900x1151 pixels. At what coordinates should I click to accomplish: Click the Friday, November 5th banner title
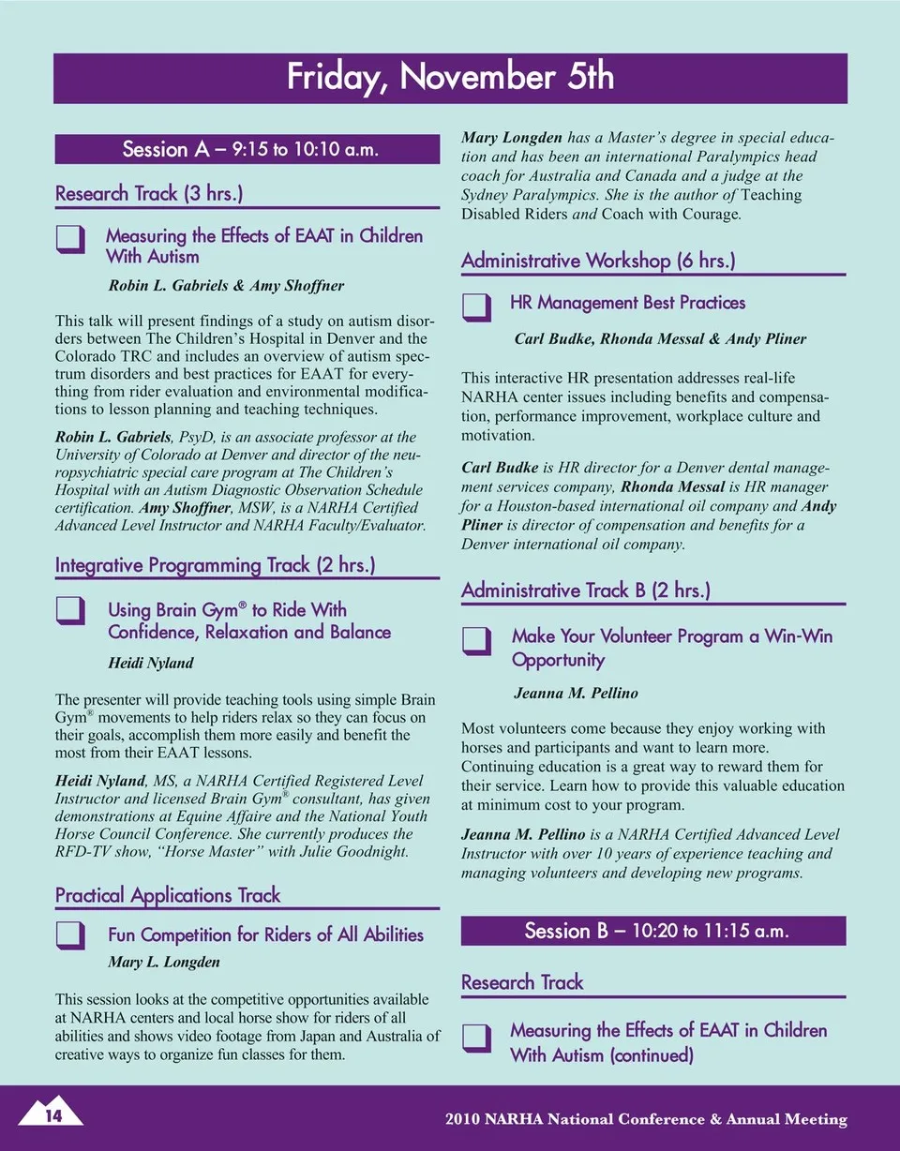pos(450,77)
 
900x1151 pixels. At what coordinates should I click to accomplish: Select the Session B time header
pos(652,931)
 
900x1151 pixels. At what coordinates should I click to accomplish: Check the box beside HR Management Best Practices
pos(477,306)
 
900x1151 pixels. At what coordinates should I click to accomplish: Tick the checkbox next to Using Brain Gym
pos(70,611)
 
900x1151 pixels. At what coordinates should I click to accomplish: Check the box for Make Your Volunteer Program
pos(477,639)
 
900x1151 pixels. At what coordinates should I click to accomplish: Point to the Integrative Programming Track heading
pos(216,565)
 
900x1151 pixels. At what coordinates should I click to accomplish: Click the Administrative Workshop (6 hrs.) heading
pos(597,261)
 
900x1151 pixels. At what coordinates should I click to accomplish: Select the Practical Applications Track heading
pos(168,895)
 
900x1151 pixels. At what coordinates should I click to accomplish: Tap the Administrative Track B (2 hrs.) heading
pos(585,590)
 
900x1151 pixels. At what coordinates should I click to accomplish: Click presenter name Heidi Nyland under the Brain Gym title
pos(151,663)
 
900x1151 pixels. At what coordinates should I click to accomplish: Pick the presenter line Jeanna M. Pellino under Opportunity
pos(576,694)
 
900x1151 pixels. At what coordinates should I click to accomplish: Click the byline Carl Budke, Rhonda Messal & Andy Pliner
pos(660,338)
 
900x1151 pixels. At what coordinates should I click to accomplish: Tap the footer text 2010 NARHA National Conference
pos(646,1119)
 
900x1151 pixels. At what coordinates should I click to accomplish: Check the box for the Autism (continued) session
pos(477,1036)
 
